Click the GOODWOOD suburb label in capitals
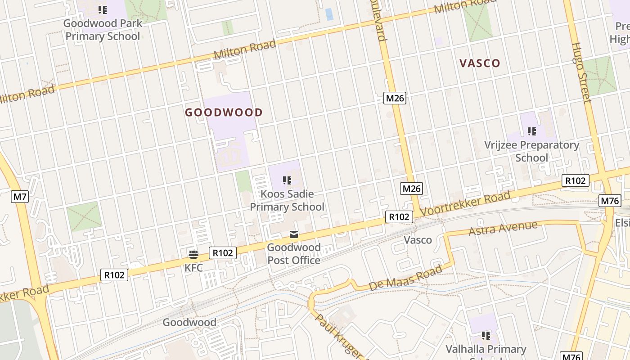click(x=224, y=112)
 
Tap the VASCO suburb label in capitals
click(x=480, y=63)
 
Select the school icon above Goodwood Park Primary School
click(x=103, y=9)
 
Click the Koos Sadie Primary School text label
click(x=287, y=201)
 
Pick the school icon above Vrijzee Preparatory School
click(x=532, y=131)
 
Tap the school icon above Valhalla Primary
click(x=486, y=336)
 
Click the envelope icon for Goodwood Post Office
click(x=294, y=234)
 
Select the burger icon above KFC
click(x=193, y=254)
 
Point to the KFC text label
click(x=193, y=268)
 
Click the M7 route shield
click(x=20, y=196)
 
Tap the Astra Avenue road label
click(x=503, y=228)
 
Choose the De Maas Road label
click(x=405, y=278)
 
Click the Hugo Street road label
click(x=581, y=72)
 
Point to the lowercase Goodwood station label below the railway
click(x=189, y=322)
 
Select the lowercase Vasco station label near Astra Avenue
click(x=418, y=240)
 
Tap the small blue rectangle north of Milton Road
click(x=329, y=14)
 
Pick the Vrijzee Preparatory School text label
click(x=531, y=151)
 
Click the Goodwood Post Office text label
click(x=294, y=254)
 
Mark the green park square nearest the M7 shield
click(x=84, y=216)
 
